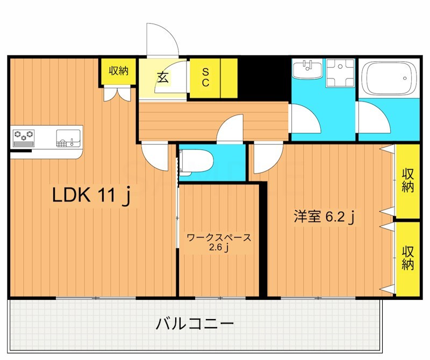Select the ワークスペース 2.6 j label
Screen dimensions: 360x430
[x=218, y=242]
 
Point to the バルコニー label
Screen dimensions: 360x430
[x=195, y=324]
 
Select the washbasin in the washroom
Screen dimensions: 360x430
[x=307, y=70]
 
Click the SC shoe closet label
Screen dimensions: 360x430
[x=205, y=77]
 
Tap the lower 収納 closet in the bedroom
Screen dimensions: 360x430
[x=408, y=258]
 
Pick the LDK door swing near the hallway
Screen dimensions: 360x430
[x=156, y=157]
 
